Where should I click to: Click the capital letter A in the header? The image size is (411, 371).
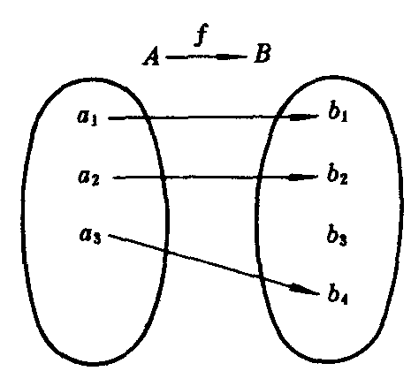click(x=151, y=57)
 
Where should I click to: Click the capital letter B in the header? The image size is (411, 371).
click(x=263, y=53)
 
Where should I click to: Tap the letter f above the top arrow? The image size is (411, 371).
click(x=202, y=34)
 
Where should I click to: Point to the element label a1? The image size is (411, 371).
click(x=88, y=117)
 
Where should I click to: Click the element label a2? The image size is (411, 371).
click(x=88, y=178)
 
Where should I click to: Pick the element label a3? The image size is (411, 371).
click(x=90, y=236)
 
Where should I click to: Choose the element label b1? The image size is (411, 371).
click(x=338, y=113)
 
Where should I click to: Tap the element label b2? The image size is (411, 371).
click(x=337, y=175)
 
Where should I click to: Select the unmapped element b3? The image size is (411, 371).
click(x=337, y=236)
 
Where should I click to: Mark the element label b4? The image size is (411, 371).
click(x=338, y=294)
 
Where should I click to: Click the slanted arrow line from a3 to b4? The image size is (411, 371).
click(x=214, y=265)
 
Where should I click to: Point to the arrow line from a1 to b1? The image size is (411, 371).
click(x=214, y=117)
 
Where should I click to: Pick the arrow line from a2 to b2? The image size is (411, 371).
click(x=216, y=178)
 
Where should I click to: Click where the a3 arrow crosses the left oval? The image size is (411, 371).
click(x=166, y=251)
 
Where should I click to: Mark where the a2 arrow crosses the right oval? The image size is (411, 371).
click(x=258, y=178)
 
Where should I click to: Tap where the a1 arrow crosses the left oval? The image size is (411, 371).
click(x=147, y=117)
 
